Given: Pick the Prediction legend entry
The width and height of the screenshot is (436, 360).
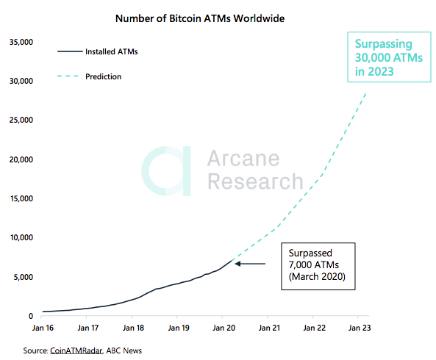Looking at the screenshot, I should [x=103, y=76].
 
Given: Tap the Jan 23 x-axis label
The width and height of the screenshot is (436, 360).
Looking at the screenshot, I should [x=359, y=328].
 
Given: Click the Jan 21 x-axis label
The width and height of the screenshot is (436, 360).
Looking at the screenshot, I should [x=268, y=328].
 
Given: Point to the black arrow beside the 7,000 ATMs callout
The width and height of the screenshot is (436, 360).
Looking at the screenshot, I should [x=251, y=264].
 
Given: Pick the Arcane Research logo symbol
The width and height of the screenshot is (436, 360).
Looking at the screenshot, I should [x=168, y=170].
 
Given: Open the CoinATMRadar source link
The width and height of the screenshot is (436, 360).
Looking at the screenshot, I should [x=76, y=350].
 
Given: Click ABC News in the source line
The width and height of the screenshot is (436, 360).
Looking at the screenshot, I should [x=125, y=350].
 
